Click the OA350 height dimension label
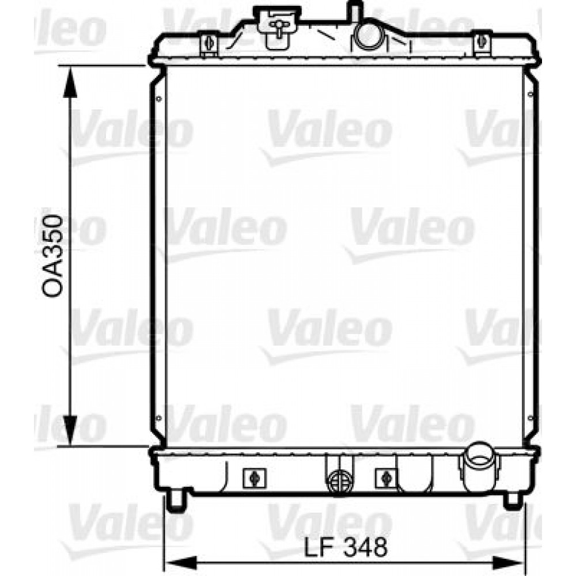(x=52, y=256)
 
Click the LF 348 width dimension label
(x=346, y=547)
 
